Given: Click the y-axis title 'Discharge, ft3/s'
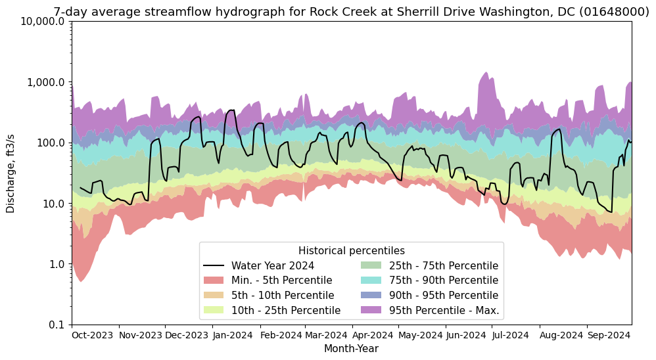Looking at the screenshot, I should point(11,173).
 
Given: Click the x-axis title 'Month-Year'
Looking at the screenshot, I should point(351,349).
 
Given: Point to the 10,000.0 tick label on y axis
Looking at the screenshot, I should point(43,22).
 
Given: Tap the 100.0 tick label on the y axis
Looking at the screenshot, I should point(51,143).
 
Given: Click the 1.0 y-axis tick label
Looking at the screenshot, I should point(57,264).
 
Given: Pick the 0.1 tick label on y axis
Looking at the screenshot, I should point(57,325).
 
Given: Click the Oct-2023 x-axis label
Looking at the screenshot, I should point(93,335).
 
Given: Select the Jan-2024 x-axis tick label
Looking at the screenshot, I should point(233,335).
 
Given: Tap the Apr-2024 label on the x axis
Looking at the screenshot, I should point(373,335).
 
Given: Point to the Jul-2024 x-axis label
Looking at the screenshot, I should point(511,335).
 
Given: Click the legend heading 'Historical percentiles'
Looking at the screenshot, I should point(351,251).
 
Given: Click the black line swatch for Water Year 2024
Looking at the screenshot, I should point(214,266).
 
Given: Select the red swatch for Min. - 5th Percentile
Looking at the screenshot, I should point(214,281).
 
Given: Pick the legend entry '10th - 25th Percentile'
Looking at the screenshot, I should point(285,310).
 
